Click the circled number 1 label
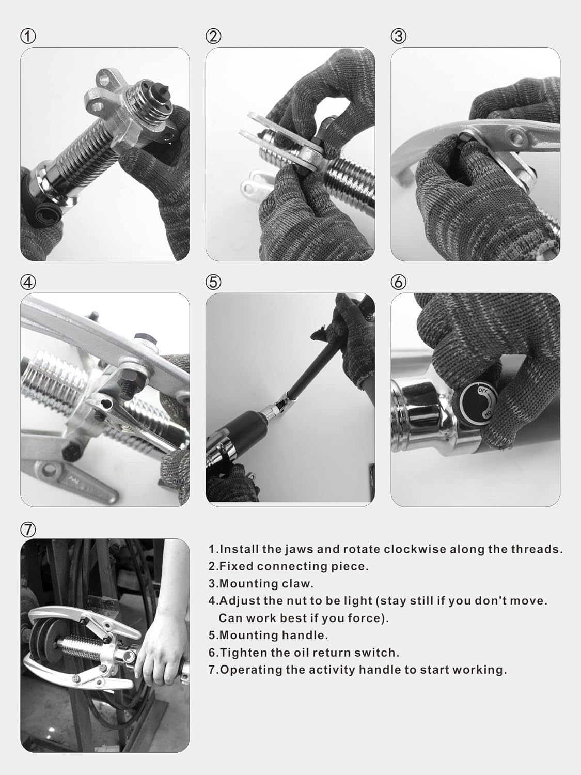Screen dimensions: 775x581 tap(28, 36)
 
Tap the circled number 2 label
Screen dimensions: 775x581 tap(213, 36)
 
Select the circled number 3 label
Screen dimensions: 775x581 tap(398, 36)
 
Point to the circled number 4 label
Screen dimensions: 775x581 tap(28, 282)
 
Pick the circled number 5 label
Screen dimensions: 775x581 tap(213, 282)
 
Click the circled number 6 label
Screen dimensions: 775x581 tap(398, 282)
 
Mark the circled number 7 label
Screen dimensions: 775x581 tap(28, 529)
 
